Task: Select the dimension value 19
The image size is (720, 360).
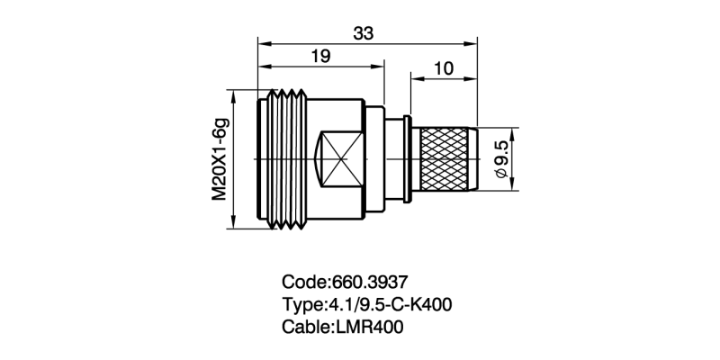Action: click(x=319, y=57)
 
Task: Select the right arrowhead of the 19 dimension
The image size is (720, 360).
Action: click(x=382, y=66)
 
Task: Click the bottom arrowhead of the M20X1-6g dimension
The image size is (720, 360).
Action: click(x=235, y=225)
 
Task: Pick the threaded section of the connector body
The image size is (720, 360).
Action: click(x=288, y=159)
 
